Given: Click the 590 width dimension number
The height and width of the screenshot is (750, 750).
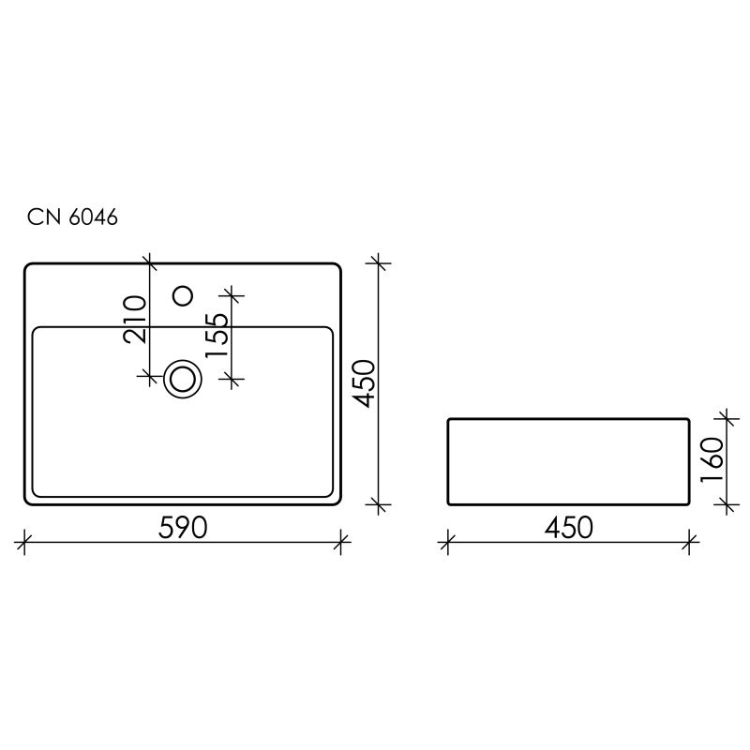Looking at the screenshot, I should click(182, 528).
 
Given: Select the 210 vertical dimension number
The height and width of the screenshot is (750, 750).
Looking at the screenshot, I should click(134, 319).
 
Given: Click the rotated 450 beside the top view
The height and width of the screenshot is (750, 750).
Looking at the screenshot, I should click(364, 383).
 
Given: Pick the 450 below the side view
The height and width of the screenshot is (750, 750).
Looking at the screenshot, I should click(568, 528).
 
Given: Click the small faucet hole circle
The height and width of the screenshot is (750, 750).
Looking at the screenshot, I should click(184, 296).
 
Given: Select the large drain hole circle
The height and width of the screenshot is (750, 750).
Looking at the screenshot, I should click(182, 378).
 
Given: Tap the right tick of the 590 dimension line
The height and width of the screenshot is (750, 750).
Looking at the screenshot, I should click(342, 540).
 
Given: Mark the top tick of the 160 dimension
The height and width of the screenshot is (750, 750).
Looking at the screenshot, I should click(724, 418).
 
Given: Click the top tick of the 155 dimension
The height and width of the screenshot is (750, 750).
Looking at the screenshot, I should click(232, 296).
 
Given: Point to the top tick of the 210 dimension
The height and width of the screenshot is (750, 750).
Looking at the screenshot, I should click(149, 262).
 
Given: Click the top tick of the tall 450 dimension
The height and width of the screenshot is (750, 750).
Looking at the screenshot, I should click(379, 262).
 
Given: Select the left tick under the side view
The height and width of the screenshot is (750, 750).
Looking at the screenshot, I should click(447, 540).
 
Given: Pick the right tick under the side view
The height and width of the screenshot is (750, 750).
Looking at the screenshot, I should click(691, 540).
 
